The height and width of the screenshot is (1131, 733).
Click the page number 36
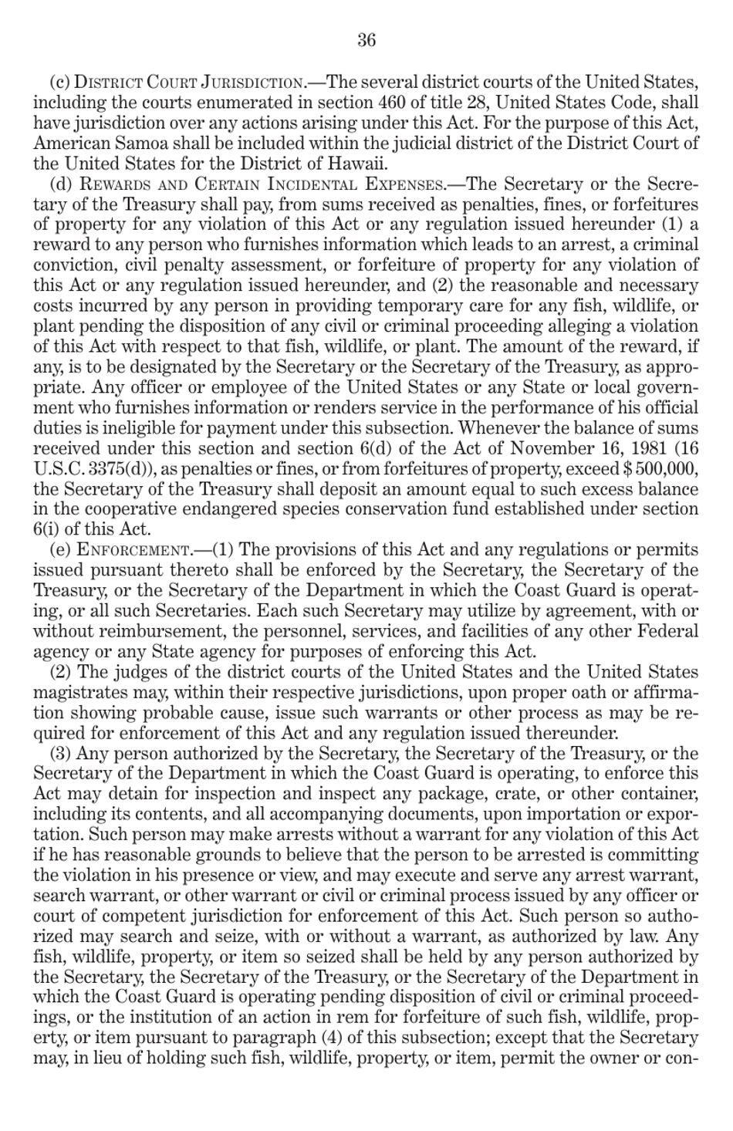pyautogui.click(x=366, y=40)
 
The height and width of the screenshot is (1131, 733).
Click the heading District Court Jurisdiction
pyautogui.click(x=191, y=83)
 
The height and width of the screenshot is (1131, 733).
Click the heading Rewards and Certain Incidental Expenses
pyautogui.click(x=262, y=184)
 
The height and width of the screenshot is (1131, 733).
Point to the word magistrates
pyautogui.click(x=78, y=692)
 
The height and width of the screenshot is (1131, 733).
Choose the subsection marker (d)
pyautogui.click(x=61, y=184)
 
